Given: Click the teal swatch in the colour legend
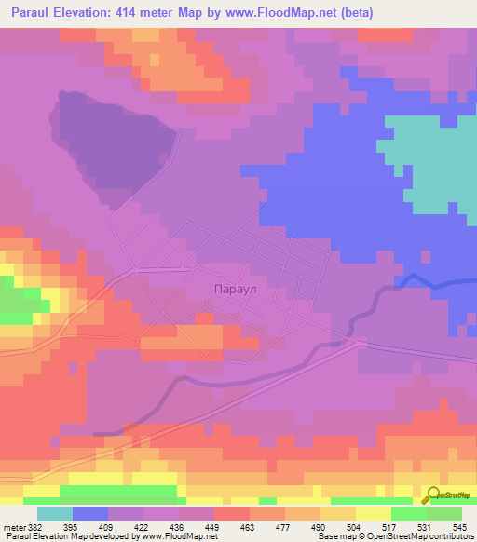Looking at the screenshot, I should coord(54,513).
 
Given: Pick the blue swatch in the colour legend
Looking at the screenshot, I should coord(89,513).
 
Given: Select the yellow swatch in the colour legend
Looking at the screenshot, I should coord(374,513).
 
